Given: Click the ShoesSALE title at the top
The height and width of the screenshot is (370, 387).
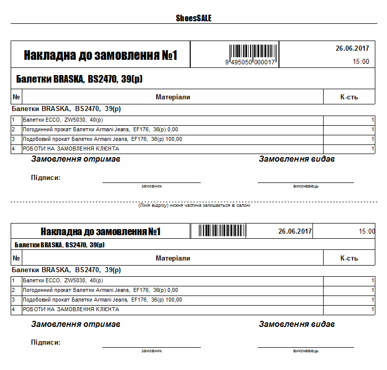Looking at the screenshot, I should click(x=193, y=18).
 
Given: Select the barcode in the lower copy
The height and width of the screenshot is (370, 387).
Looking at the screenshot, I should click(x=218, y=231).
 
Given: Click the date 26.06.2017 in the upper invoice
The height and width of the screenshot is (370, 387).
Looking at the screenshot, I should click(x=352, y=49).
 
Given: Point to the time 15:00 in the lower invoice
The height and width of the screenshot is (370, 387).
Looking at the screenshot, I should click(x=367, y=232).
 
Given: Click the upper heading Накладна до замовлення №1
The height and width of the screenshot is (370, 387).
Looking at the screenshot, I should click(x=100, y=55).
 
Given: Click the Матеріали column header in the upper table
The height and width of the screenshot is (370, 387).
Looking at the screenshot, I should click(x=172, y=97).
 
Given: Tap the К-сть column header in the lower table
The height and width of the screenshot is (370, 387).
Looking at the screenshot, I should click(x=349, y=258).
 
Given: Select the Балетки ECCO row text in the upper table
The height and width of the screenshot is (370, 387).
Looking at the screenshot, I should click(x=62, y=120).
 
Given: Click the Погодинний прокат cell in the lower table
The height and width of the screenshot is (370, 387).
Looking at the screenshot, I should click(x=100, y=290).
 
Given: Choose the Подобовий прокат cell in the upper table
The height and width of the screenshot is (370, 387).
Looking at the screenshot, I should click(x=102, y=139).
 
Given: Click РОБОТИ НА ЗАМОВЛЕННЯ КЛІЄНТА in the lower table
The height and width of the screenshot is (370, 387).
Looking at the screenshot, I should click(x=71, y=309).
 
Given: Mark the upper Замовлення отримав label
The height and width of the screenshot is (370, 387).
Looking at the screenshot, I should click(x=76, y=159).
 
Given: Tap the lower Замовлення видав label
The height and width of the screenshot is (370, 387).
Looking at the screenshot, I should click(x=297, y=324).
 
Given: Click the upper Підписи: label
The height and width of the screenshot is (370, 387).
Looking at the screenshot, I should click(x=46, y=177).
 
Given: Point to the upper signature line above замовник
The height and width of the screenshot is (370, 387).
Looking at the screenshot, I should click(x=151, y=182).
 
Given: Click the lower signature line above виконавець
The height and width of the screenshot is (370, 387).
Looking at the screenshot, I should click(x=305, y=347).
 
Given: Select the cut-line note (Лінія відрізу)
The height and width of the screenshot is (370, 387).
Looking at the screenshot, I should click(x=194, y=205).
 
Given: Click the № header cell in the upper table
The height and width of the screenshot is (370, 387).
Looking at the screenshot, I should click(x=16, y=97).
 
